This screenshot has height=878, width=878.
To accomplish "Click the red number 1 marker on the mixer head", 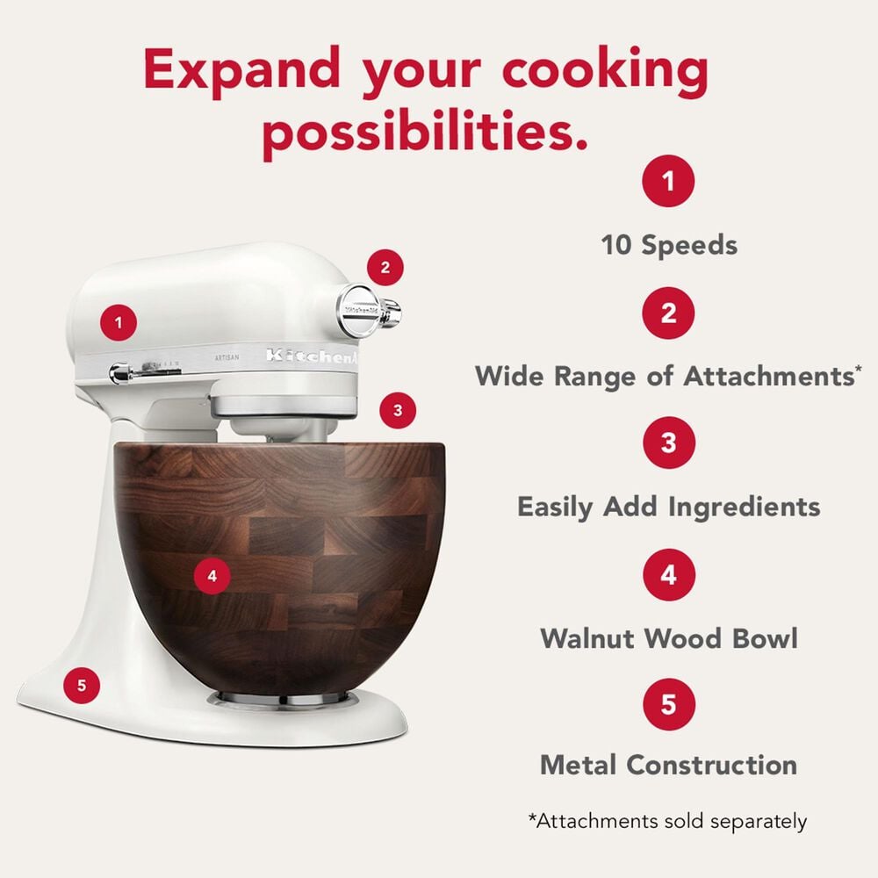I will tap(119, 322).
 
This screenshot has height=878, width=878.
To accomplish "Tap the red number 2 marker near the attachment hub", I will tap(385, 267).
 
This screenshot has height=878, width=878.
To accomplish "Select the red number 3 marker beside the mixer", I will tap(398, 410).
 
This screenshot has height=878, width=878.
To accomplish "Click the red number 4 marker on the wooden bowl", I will tap(212, 576).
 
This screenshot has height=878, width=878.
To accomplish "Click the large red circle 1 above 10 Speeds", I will tap(669, 183).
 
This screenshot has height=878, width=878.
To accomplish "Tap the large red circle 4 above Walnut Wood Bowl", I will tap(669, 575).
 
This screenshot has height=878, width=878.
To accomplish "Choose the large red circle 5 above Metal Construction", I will tap(669, 704).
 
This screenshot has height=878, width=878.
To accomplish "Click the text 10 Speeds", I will tap(669, 245).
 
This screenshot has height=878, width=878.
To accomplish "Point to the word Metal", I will tap(584, 765).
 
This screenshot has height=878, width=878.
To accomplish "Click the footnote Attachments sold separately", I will tap(667, 822).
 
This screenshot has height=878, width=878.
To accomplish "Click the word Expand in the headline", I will tap(245, 70).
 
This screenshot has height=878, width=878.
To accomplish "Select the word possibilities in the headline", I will tap(425, 132).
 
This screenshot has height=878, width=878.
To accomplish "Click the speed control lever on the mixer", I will tap(123, 373).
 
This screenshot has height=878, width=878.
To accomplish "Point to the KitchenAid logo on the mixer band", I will tap(312, 356).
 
